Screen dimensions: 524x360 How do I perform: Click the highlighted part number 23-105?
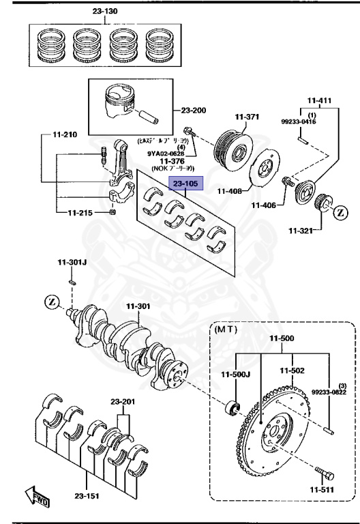click(x=185, y=185)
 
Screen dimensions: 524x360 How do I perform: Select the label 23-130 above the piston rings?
click(x=105, y=12)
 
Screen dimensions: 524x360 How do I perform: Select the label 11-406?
click(x=264, y=205)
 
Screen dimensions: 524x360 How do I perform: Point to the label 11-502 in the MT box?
click(x=292, y=370)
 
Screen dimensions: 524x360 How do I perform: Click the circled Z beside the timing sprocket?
click(x=340, y=213)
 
